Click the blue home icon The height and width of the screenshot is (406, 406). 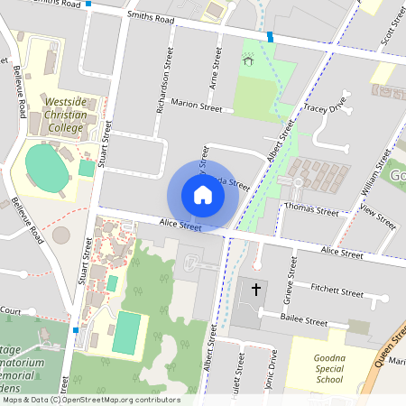[202, 194]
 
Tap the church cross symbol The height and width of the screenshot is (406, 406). [255, 290]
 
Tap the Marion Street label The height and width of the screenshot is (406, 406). [196, 107]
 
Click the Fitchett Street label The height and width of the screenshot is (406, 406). [337, 291]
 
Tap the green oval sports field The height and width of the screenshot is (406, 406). [47, 168]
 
